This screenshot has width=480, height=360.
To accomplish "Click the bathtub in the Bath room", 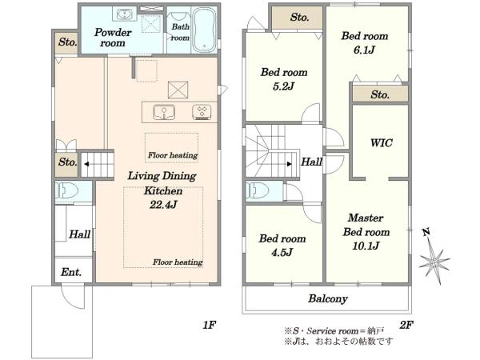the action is pos(204,30).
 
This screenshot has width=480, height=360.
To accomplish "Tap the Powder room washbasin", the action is pos(124,14).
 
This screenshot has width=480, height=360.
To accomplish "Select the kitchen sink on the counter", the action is pos(164,112).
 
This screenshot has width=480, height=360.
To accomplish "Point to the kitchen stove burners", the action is pos(202,112).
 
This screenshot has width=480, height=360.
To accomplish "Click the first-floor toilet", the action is pos(66,191).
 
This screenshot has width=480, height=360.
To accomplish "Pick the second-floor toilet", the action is pos(258,190).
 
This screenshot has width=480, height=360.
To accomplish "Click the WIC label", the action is pos(381,142).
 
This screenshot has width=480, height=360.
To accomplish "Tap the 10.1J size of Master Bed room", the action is pos(366,246).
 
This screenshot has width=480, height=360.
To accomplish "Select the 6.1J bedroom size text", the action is pos(364,50).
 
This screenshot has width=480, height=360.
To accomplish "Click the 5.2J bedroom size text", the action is pos(283,86).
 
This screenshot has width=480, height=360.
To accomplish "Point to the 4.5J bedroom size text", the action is pos(282,252).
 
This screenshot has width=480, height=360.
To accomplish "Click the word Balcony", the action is pos(328,298).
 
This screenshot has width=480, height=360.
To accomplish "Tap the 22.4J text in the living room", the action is pos(163,205).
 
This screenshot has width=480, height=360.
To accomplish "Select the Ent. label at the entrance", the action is pos(71,272).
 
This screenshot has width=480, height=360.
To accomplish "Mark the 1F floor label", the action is pos(210,325).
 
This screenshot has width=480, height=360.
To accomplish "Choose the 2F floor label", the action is pos(406,325).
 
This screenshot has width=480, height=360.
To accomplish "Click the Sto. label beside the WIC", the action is pos(380,94).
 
